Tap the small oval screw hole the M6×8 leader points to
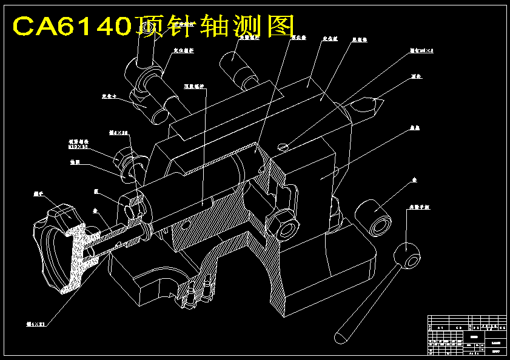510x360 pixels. click(x=283, y=145)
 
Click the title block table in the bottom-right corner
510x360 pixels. click(x=466, y=335)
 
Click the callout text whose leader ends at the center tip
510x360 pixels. click(x=415, y=77)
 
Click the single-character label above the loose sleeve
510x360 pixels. click(x=415, y=180)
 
